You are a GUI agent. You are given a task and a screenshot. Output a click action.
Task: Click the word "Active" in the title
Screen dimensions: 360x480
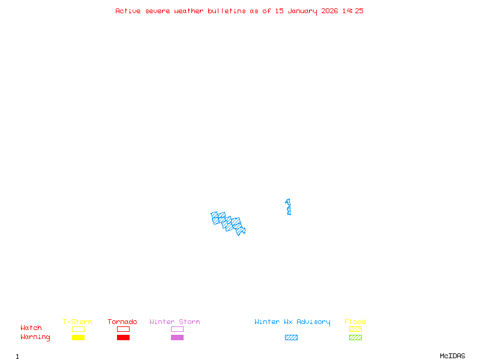click(x=128, y=11)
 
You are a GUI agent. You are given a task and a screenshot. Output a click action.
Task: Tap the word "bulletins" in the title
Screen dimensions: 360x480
click(x=227, y=11)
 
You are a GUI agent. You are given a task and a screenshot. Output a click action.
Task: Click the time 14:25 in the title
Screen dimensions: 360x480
click(x=353, y=11)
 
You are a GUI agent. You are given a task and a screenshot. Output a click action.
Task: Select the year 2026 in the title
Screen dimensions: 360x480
click(x=329, y=11)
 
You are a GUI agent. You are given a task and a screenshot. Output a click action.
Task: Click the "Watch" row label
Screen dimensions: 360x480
click(x=31, y=328)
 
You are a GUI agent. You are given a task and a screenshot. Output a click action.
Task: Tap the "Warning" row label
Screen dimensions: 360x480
click(x=35, y=337)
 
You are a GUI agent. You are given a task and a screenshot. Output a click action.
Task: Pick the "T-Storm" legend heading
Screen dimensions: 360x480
click(x=77, y=322)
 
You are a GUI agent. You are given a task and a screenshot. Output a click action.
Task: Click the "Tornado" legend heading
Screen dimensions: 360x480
click(x=122, y=322)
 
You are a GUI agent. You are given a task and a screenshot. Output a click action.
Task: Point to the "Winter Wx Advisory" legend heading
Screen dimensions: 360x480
click(x=292, y=322)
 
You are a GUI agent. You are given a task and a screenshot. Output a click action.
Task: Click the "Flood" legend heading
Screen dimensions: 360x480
click(x=355, y=322)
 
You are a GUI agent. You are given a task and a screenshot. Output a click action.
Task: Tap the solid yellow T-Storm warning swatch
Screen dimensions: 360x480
click(x=78, y=337)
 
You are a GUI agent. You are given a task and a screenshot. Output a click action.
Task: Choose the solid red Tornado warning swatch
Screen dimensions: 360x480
click(x=123, y=337)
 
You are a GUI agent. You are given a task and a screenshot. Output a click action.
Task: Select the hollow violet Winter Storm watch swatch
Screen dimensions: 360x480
click(x=177, y=329)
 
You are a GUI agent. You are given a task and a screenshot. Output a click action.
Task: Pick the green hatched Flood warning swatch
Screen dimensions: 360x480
click(x=355, y=337)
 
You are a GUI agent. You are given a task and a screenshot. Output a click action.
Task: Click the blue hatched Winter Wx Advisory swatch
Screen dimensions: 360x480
click(x=291, y=337)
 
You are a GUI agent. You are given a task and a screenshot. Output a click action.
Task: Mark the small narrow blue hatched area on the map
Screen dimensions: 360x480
click(x=288, y=206)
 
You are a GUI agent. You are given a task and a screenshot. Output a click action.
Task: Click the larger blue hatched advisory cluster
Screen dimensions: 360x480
click(x=229, y=222)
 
